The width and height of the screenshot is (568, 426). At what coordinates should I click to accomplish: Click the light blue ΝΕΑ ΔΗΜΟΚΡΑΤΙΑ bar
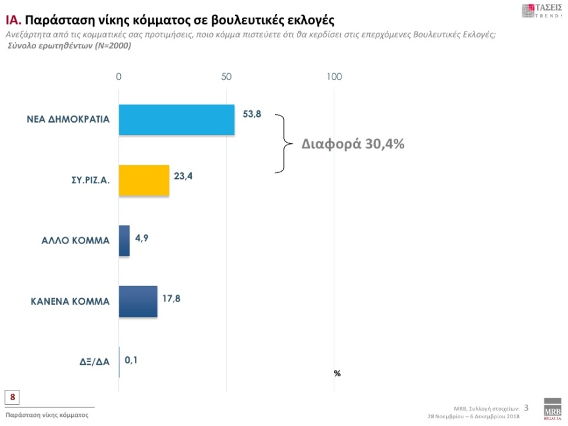[176, 119]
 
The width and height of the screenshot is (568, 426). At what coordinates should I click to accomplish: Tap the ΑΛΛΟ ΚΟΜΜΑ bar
[124, 241]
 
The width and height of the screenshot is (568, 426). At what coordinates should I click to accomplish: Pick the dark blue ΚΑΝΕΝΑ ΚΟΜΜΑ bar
[138, 301]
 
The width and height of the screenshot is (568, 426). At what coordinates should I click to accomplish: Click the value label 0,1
[131, 360]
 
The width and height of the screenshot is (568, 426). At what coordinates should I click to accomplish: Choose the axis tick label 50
[226, 77]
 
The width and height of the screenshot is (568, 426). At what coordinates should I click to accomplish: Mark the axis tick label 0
[119, 77]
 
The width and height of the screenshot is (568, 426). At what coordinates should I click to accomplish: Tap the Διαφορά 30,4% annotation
[353, 144]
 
